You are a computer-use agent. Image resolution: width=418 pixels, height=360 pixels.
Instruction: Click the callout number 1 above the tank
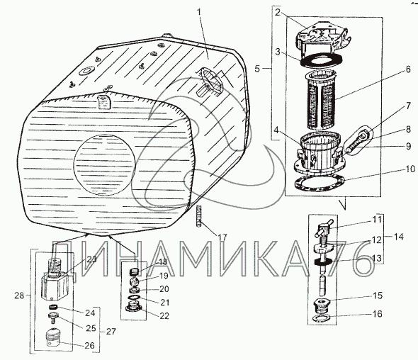point(199,12)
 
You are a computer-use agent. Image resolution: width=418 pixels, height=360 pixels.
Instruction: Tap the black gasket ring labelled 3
point(321,60)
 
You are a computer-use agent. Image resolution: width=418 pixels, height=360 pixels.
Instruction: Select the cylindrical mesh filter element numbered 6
point(321,100)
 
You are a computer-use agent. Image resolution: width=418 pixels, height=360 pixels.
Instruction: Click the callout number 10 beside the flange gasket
point(410,169)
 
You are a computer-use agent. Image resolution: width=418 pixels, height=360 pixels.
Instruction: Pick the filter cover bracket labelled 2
point(322,38)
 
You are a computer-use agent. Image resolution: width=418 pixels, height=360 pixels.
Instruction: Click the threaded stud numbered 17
point(199,216)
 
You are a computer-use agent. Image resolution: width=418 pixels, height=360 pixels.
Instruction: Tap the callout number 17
point(222,237)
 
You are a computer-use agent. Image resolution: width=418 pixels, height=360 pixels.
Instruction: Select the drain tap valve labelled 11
point(323,230)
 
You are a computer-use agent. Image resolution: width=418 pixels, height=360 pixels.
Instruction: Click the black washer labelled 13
point(323,262)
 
